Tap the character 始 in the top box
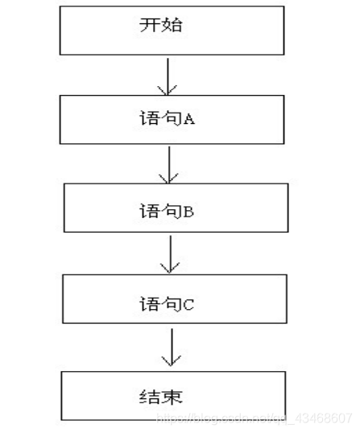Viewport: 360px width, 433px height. pyautogui.click(x=171, y=26)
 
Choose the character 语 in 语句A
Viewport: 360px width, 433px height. pyautogui.click(x=149, y=119)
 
